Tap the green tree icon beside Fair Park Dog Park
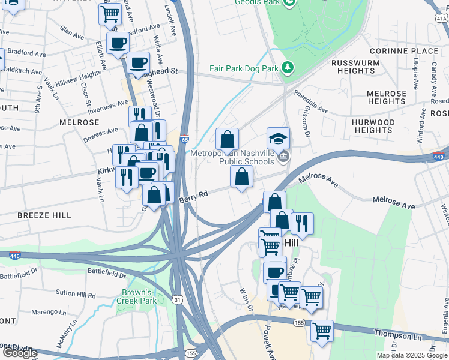(x=288, y=67)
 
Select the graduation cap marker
(x=278, y=139)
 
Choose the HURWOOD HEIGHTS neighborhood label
(x=373, y=126)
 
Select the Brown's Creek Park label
(x=135, y=296)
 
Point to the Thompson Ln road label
(x=411, y=337)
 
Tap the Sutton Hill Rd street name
(x=76, y=295)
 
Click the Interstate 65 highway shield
(x=184, y=139)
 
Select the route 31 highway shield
(x=177, y=299)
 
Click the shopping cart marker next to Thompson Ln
(x=322, y=329)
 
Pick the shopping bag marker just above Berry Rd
(x=241, y=177)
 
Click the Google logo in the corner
(x=20, y=353)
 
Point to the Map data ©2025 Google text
(x=411, y=355)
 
